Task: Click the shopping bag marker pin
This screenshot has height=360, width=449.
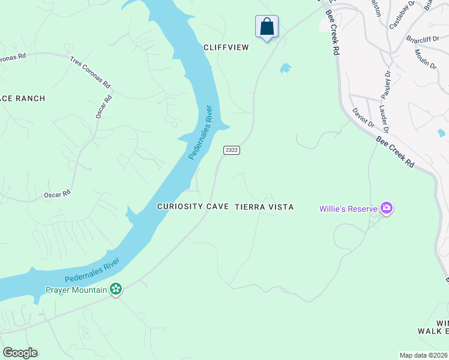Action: [267, 28]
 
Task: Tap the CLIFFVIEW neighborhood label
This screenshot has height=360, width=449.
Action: [226, 47]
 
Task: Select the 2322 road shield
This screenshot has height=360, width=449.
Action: [232, 150]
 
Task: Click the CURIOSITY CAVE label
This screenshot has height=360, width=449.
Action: [193, 206]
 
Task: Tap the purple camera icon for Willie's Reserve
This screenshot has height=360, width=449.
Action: [387, 209]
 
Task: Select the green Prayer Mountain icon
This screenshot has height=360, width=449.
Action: [116, 290]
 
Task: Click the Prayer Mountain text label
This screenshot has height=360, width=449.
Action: [76, 290]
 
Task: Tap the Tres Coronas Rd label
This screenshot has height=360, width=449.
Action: [90, 71]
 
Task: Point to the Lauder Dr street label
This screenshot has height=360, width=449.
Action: [384, 119]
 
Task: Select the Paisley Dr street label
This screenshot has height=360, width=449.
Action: [387, 85]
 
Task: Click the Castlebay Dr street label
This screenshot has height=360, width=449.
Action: [399, 17]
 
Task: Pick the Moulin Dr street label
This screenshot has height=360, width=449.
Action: [425, 59]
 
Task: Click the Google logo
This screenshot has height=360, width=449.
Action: [20, 353]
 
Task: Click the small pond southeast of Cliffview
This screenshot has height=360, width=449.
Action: [285, 68]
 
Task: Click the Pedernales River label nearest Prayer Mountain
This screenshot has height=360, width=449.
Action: [92, 271]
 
